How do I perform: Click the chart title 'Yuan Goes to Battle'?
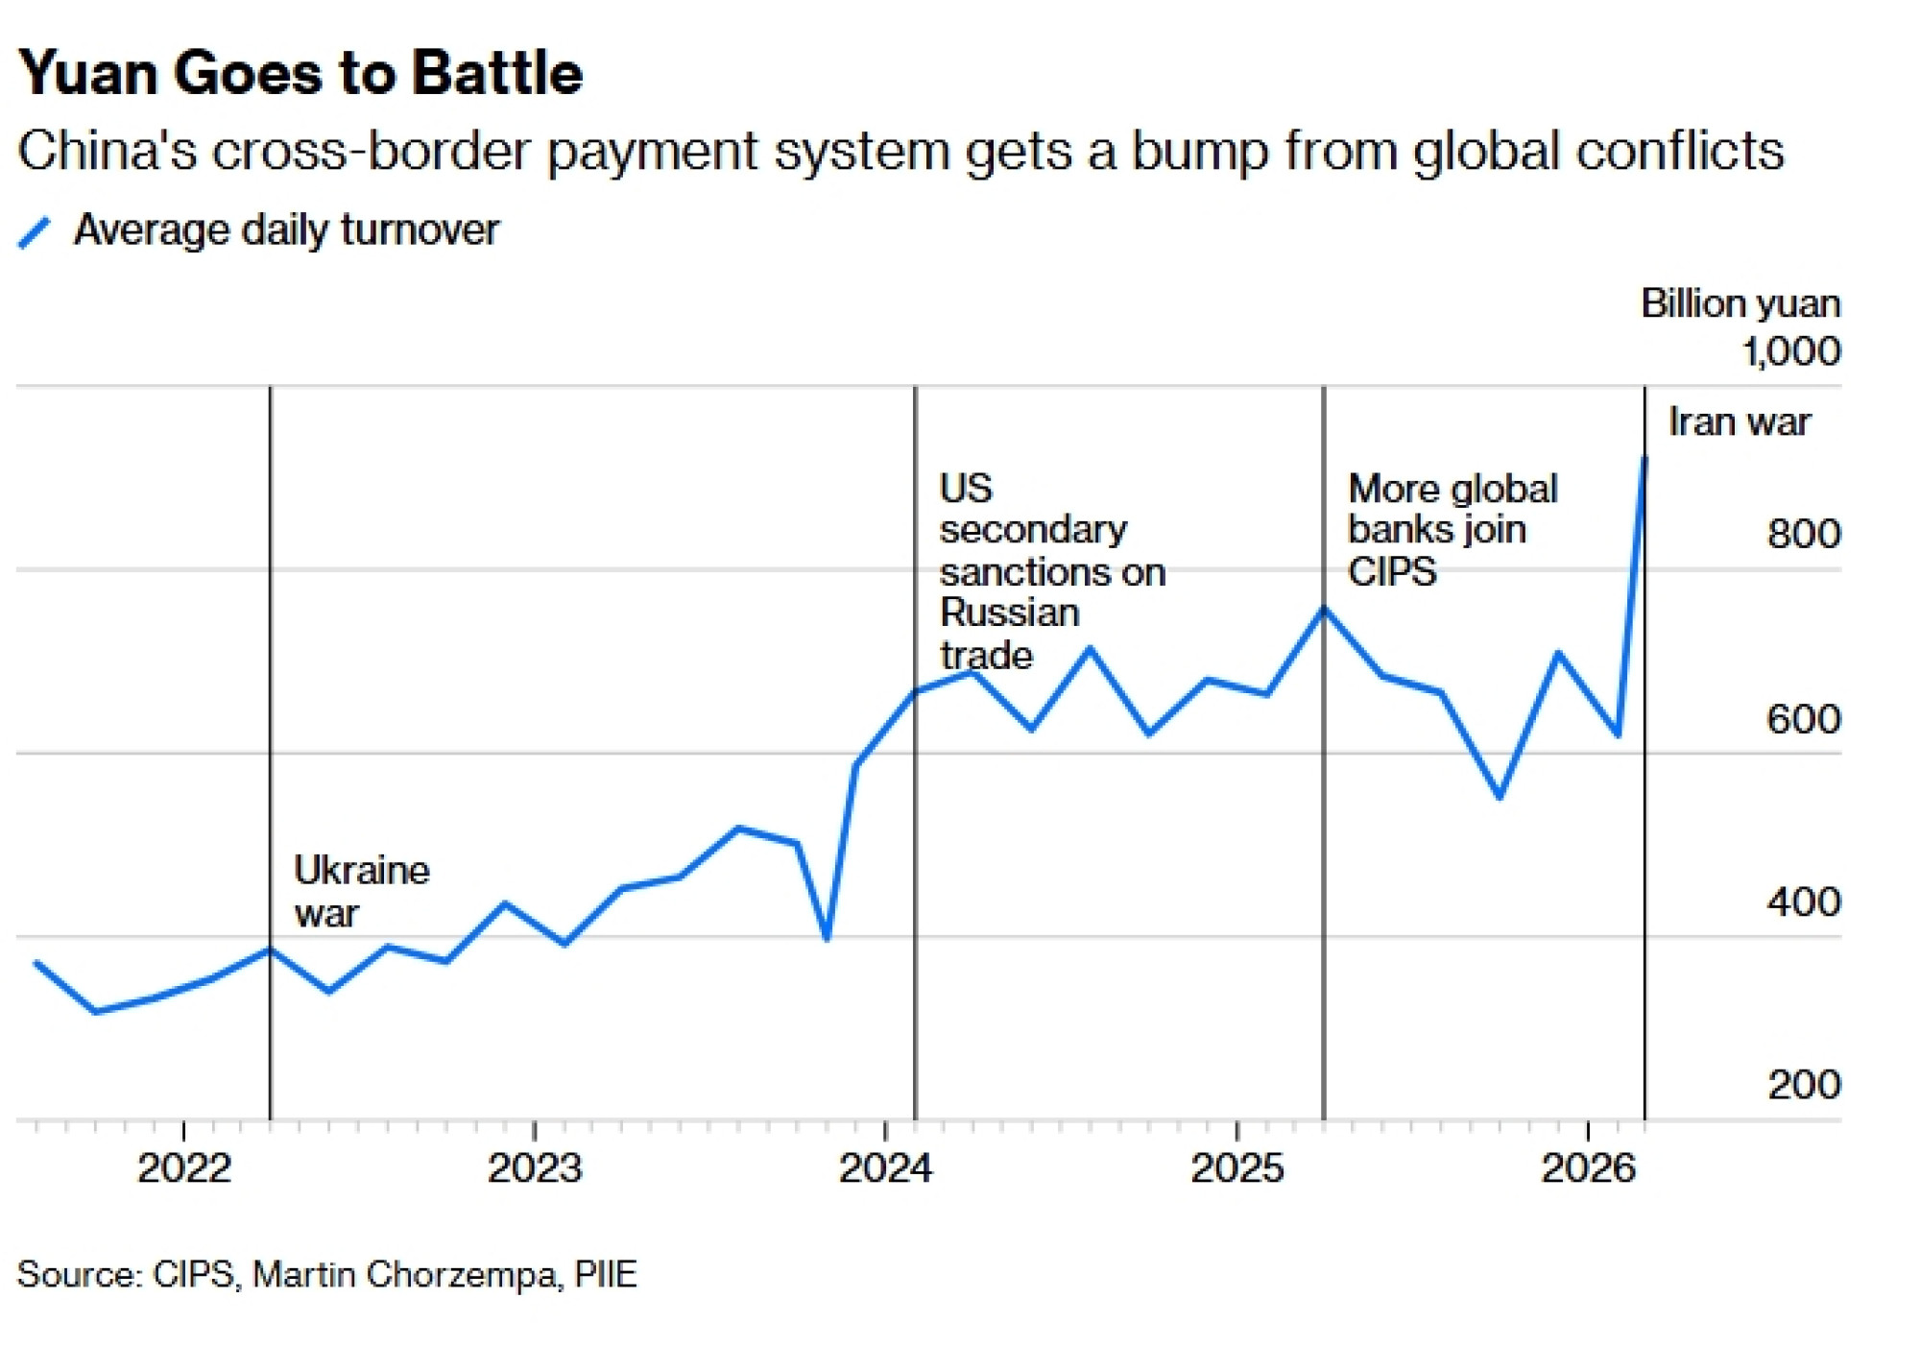tap(300, 73)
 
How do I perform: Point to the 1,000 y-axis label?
tap(1791, 351)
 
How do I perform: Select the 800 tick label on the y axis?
tap(1803, 534)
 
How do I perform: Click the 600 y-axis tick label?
tap(1803, 719)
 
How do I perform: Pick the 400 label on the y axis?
tap(1803, 902)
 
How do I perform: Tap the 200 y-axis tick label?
tap(1804, 1085)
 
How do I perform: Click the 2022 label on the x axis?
tap(184, 1168)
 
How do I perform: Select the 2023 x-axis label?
tap(535, 1168)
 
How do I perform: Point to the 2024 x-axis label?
tap(885, 1168)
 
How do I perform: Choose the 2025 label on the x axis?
tap(1236, 1168)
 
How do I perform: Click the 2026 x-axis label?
tap(1588, 1168)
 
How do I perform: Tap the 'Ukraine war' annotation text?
tap(360, 891)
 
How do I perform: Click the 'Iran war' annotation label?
tap(1739, 422)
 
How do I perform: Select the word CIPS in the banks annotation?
tap(1392, 572)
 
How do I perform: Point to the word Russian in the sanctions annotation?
tap(1009, 613)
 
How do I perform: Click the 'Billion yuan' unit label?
tap(1740, 303)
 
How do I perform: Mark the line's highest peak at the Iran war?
tap(1644, 458)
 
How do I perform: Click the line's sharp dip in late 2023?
tap(827, 937)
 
